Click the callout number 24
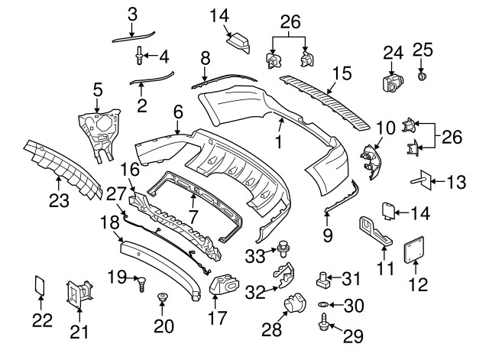pyautogui.click(x=392, y=53)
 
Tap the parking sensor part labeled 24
pyautogui.click(x=392, y=81)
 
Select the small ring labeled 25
pyautogui.click(x=423, y=76)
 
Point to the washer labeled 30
pyautogui.click(x=325, y=306)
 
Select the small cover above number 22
pyautogui.click(x=41, y=285)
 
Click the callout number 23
pyautogui.click(x=60, y=202)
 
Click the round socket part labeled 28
pyautogui.click(x=294, y=308)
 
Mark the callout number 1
pyautogui.click(x=278, y=142)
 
